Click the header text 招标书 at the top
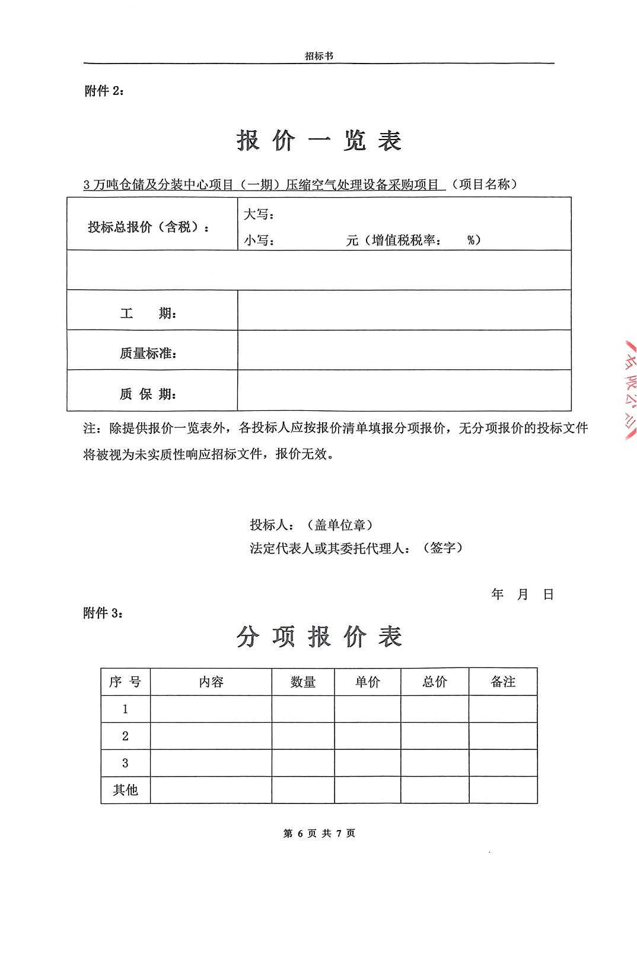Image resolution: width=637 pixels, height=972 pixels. tap(318, 56)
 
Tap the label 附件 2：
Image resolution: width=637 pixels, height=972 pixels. tap(104, 91)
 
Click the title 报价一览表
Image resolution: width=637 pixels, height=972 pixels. tap(319, 141)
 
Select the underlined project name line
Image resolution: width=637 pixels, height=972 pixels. tap(264, 185)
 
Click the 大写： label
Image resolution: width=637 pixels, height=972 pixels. tap(259, 214)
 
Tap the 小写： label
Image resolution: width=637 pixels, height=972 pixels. tap(259, 240)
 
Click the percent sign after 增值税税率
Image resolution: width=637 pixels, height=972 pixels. tap(472, 240)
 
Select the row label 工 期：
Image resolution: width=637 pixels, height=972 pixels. tap(148, 313)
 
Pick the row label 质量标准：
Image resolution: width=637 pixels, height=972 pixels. tap(148, 353)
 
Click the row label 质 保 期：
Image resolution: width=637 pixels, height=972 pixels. tap(148, 394)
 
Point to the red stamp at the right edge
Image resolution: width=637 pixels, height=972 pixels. tap(627, 389)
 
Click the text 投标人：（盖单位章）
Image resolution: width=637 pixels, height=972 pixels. tap(311, 525)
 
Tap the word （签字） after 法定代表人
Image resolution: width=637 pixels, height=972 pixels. tap(442, 548)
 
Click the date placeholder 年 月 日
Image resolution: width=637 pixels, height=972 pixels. tap(522, 594)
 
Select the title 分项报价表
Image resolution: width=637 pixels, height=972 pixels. tap(319, 637)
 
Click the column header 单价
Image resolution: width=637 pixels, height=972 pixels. tap(367, 682)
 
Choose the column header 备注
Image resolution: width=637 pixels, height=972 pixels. tap(503, 682)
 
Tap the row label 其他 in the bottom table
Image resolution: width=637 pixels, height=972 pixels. tap(125, 790)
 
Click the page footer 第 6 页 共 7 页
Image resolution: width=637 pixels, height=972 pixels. tap(319, 833)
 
